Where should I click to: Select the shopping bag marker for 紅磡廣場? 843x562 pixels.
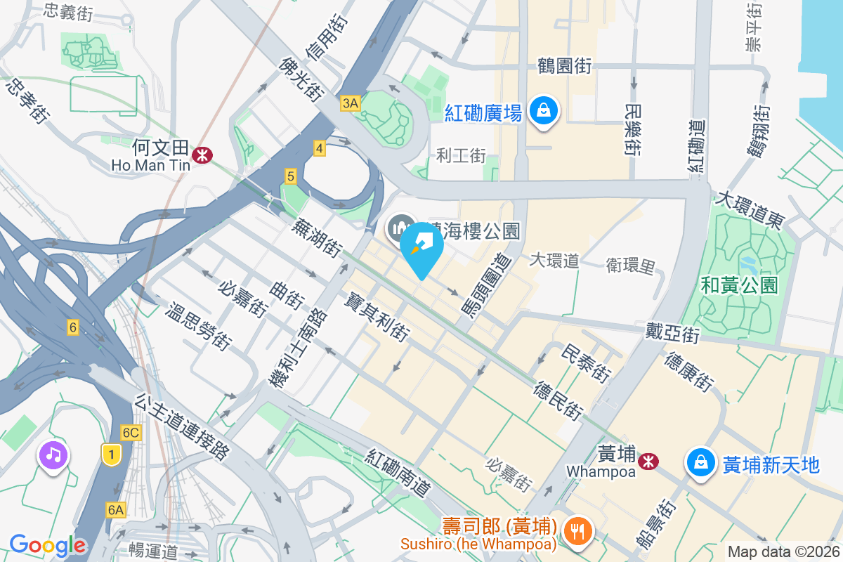pos(543,110)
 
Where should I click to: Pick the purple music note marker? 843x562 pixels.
pos(53,455)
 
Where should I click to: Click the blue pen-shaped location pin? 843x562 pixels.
pos(421,246)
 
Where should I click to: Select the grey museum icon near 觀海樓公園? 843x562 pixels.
pos(400,227)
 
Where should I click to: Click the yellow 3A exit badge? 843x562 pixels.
pos(350,104)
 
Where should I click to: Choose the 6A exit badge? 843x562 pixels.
pos(116,509)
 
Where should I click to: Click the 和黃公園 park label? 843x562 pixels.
pos(740,285)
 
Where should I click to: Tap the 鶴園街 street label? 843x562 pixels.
pos(564,66)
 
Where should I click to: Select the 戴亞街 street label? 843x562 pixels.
pos(673,331)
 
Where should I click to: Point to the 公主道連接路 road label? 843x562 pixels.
pos(182,426)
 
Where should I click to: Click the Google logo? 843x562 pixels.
pos(47,544)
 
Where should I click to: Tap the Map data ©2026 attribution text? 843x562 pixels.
pos(783,551)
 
